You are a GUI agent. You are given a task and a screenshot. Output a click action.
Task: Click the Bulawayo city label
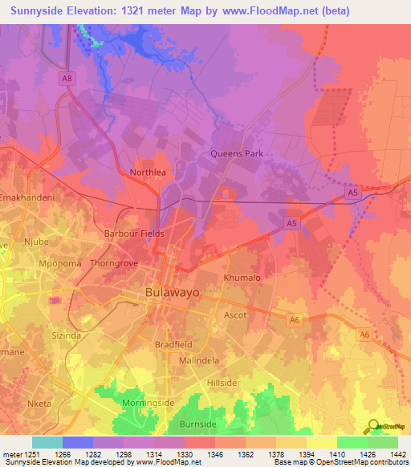pyautogui.click(x=172, y=294)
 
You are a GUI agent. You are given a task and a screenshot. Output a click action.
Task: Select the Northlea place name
pyautogui.click(x=148, y=172)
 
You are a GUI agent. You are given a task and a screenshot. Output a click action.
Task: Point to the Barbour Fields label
pyautogui.click(x=134, y=233)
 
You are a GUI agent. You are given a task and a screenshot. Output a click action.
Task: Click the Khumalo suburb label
pyautogui.click(x=242, y=278)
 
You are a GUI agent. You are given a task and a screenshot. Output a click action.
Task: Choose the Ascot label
pyautogui.click(x=235, y=315)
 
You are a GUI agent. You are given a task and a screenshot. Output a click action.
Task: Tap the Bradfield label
pyautogui.click(x=173, y=344)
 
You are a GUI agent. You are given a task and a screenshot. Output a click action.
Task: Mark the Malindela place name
pyautogui.click(x=199, y=361)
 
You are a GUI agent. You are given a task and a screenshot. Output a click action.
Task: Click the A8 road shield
pyautogui.click(x=67, y=78)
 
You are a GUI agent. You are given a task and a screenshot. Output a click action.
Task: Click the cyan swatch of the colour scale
pyautogui.click(x=47, y=442)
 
